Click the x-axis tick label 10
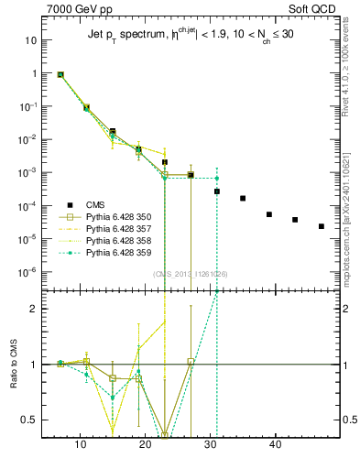coord(81,445)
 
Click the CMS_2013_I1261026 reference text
coord(191,274)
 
